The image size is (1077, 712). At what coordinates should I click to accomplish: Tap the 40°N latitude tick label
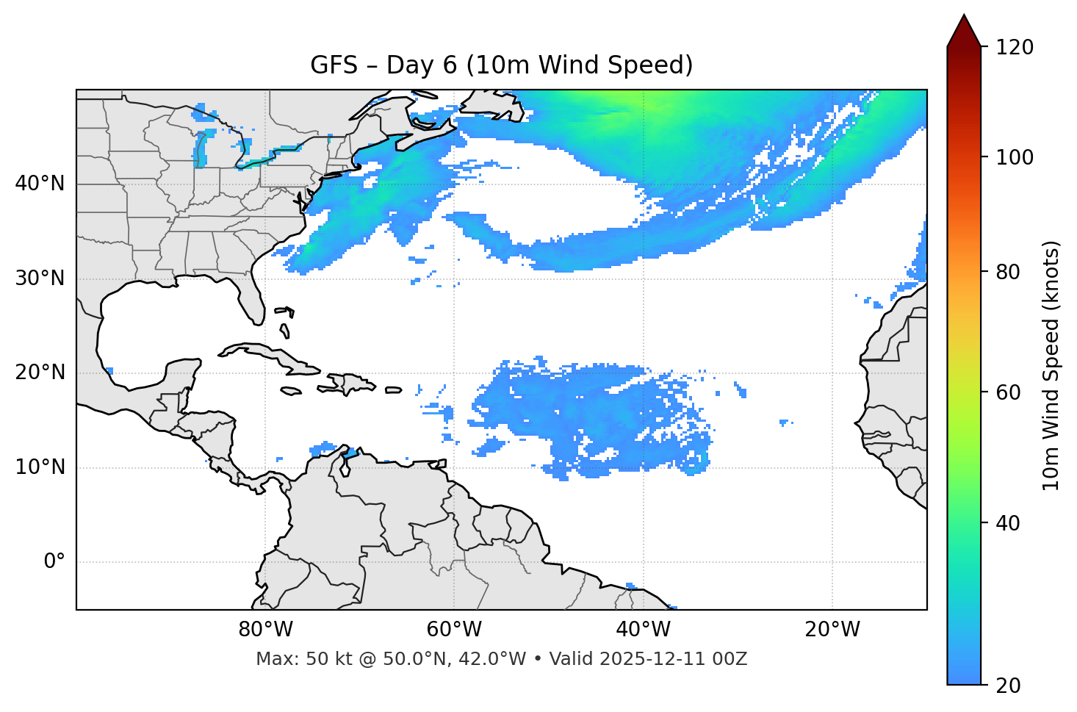(40, 184)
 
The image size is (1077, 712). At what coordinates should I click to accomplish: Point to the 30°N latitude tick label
(40, 278)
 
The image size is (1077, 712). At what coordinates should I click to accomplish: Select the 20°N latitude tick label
(40, 373)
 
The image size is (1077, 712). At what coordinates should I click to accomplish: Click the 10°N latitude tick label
(40, 467)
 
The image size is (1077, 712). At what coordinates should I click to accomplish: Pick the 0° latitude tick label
(54, 562)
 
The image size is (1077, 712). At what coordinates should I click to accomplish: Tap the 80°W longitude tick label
(265, 630)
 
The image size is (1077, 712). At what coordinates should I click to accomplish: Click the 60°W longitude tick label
(454, 630)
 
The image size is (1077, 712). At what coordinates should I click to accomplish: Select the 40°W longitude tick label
(643, 630)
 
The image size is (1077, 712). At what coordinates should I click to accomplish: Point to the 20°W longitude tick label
(832, 630)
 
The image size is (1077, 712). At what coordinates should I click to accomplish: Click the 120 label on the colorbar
(1015, 48)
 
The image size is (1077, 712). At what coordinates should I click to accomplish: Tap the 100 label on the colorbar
(1015, 157)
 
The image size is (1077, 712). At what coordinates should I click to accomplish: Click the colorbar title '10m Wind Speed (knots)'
(1051, 365)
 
